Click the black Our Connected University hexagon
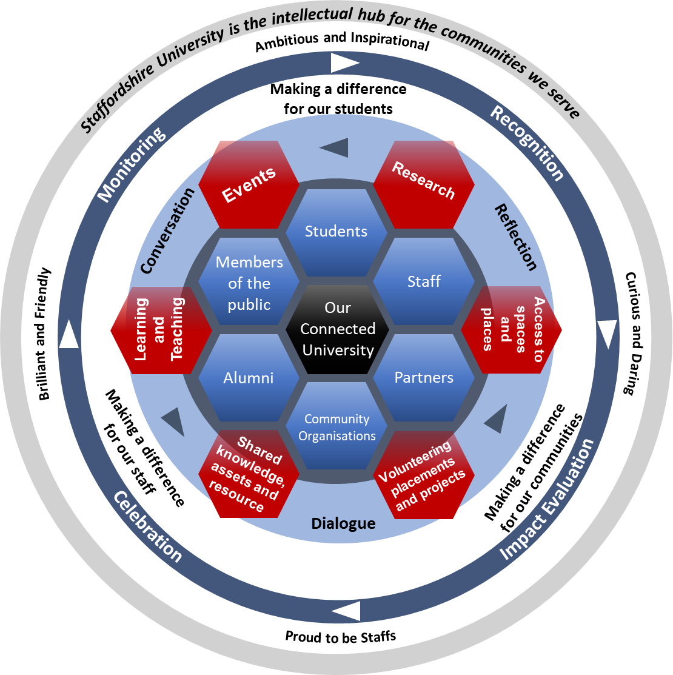337,329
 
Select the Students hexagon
336,232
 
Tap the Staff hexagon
424,281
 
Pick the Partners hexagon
424,378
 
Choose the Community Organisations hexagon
337,427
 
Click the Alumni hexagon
249,378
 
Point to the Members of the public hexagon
249,283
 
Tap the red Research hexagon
423,182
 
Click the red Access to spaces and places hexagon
512,329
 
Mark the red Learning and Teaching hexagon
161,331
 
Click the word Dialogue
343,523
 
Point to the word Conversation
167,231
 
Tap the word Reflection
516,237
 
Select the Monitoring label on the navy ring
131,165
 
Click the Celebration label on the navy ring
147,526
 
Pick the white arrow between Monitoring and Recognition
345,62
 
